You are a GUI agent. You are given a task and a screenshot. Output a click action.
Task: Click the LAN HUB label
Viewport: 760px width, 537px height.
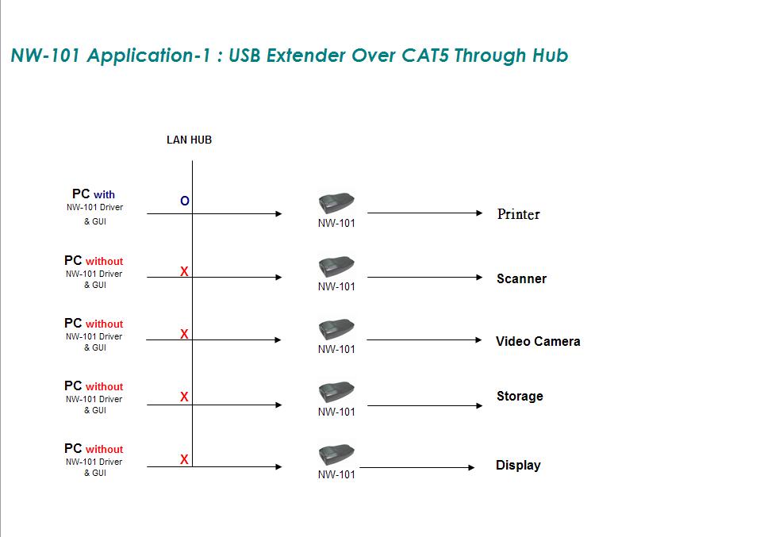coord(189,140)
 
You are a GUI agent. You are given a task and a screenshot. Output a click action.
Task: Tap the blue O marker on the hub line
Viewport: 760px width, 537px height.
coord(185,201)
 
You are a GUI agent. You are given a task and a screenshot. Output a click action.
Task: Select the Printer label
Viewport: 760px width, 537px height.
coord(519,214)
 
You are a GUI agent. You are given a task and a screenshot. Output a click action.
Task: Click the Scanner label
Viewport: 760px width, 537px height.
coord(521,278)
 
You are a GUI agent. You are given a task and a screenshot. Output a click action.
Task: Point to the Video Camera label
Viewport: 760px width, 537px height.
coord(538,341)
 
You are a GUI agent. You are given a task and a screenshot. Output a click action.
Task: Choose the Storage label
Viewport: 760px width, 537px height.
coord(520,397)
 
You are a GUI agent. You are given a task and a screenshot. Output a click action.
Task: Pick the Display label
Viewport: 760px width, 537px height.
coord(518,466)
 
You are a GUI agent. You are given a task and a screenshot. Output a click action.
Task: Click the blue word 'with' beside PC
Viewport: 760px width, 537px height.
coord(104,195)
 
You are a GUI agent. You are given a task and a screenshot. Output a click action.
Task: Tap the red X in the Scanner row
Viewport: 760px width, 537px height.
coord(184,271)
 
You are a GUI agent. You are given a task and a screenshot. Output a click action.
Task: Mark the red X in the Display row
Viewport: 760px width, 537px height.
coord(184,459)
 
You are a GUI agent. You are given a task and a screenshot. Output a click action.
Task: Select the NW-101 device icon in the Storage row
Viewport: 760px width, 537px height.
coord(336,392)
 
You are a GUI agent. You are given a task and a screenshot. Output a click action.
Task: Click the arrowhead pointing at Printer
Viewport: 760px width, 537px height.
coord(479,213)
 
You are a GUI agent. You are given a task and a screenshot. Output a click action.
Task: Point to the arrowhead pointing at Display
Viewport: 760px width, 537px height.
coord(471,468)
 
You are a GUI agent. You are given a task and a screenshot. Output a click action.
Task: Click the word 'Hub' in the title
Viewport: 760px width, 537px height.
coord(550,56)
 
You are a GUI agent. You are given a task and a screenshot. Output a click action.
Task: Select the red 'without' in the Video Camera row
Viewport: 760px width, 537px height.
coord(104,324)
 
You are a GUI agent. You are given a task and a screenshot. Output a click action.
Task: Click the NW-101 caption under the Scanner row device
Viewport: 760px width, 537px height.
coord(336,287)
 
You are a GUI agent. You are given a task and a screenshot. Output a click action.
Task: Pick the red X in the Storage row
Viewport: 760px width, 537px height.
coord(184,397)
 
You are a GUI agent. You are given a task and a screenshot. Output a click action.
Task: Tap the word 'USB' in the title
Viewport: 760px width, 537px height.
coord(244,56)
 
